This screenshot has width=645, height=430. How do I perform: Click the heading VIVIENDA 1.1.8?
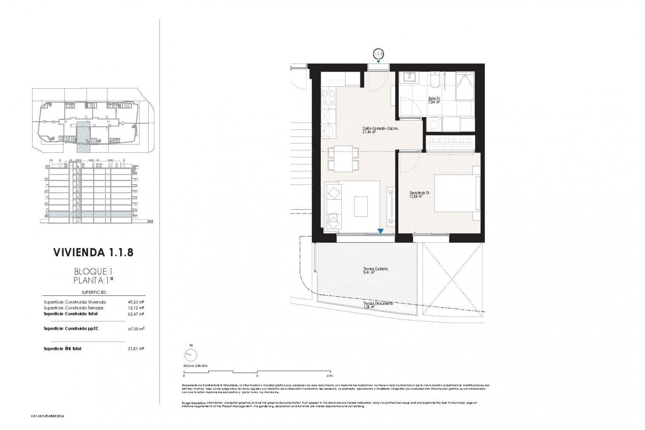pos(93,253)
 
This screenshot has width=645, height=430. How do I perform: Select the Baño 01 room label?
pos(434,100)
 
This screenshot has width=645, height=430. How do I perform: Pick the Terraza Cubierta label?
pos(375,270)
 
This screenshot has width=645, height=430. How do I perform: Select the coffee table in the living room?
pos(361,206)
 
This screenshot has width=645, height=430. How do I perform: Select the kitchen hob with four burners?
pos(328,98)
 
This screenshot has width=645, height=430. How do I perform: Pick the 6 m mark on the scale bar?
pos(330,376)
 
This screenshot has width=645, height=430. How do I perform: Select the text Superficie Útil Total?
pos(62,349)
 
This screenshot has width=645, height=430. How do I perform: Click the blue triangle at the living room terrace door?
pos(380,231)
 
